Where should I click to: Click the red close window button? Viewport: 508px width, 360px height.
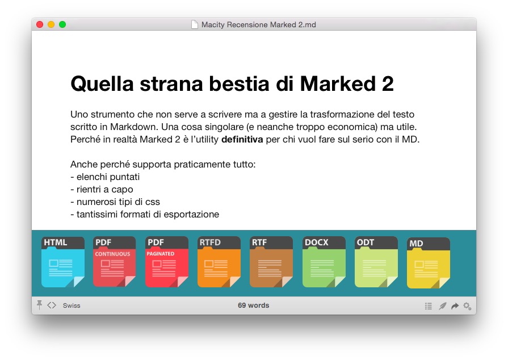tap(40, 24)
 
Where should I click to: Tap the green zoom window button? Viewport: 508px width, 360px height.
tap(62, 24)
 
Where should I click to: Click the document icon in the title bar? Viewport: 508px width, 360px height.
tap(194, 24)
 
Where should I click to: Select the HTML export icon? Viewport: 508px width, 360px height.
tap(63, 262)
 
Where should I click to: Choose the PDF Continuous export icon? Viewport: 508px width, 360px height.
tap(114, 262)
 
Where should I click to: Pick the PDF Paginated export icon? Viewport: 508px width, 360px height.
tap(166, 262)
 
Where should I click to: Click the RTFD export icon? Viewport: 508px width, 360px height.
tap(219, 262)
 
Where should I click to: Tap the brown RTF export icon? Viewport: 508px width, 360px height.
tap(271, 262)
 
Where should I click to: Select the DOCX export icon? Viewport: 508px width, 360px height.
tap(324, 262)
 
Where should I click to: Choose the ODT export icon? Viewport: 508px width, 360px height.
tap(376, 262)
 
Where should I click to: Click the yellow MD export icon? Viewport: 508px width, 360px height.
tap(429, 263)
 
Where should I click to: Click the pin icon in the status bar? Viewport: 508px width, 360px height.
tap(40, 305)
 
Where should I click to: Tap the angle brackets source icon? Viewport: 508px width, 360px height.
tap(52, 305)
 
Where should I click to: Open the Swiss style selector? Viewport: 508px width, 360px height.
tap(72, 305)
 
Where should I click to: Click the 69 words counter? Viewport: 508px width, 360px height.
tap(253, 305)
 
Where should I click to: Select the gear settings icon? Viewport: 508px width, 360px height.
tap(467, 306)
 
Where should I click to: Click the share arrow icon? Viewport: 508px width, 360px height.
tap(455, 306)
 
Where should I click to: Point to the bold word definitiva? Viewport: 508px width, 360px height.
tap(242, 139)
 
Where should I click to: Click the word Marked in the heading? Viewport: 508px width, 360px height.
tap(338, 83)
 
